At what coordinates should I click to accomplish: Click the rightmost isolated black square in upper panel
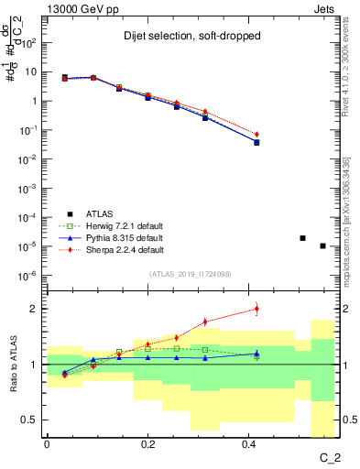tap(322, 245)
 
